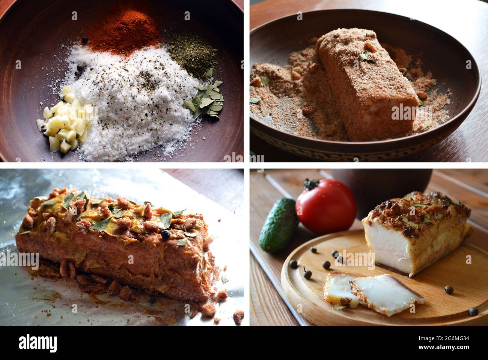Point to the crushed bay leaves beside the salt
(x=205, y=99)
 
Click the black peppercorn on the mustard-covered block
(x=165, y=235)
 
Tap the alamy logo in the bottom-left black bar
(x=38, y=343)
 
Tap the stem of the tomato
(x=310, y=184)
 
